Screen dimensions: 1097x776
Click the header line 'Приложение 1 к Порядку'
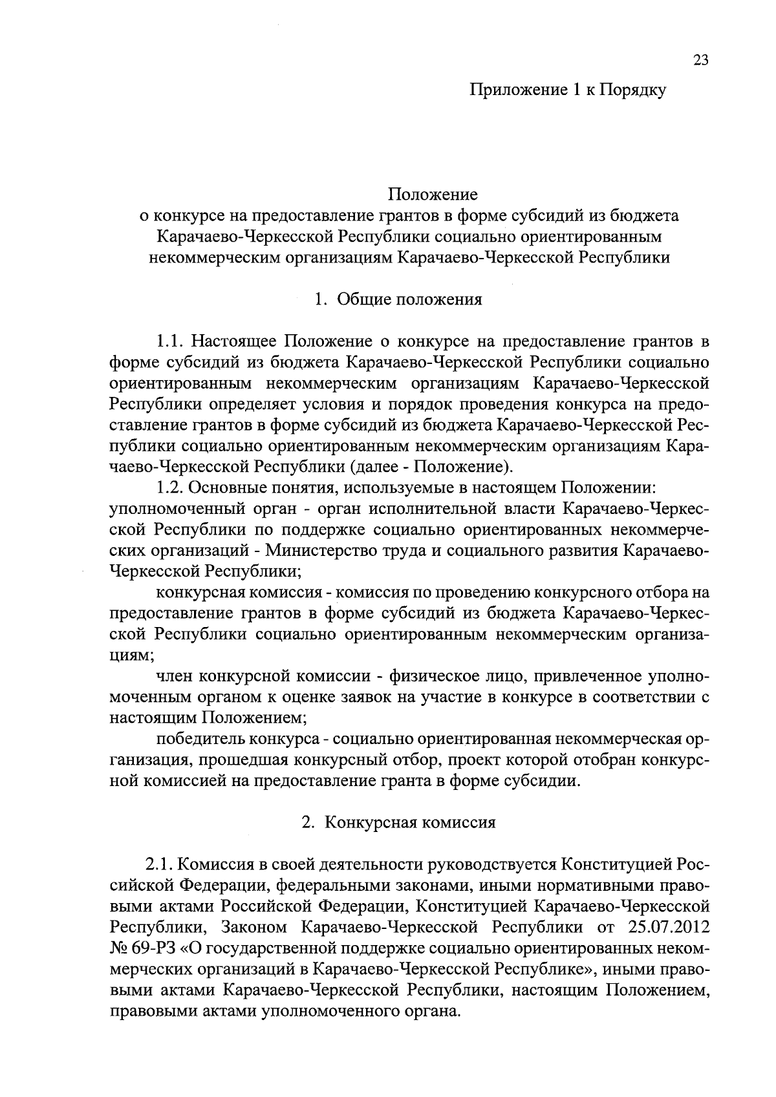click(x=567, y=91)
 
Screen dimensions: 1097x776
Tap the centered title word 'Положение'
click(x=433, y=194)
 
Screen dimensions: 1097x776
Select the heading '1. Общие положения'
click(x=398, y=300)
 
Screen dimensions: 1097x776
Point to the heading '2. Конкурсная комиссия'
click(x=398, y=823)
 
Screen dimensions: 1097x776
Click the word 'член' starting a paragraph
click(x=173, y=676)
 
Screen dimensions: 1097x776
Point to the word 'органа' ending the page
click(x=431, y=1011)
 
